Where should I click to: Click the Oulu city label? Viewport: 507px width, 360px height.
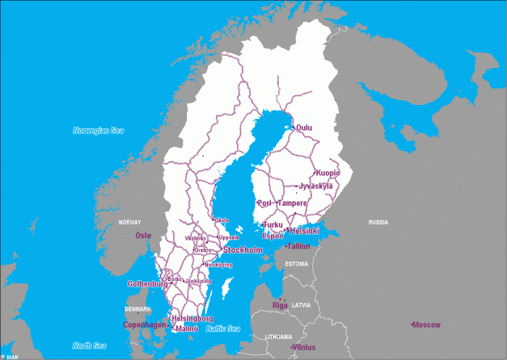point(304,128)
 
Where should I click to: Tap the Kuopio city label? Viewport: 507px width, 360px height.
point(327,173)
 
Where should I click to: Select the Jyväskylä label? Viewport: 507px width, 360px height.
point(316,186)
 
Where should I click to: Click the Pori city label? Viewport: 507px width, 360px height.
point(264,204)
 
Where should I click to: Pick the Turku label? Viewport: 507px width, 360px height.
point(273,225)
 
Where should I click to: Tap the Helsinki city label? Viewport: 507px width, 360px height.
point(304,231)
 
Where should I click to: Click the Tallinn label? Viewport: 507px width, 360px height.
point(298,246)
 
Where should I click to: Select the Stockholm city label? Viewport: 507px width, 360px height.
point(243,250)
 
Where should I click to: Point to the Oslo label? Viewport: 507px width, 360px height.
point(143,235)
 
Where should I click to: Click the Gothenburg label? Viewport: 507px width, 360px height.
point(147,284)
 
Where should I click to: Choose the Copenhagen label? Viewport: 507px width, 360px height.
point(144,325)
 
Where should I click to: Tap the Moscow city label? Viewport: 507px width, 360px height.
point(427,325)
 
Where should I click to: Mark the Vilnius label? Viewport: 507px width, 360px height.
point(303,348)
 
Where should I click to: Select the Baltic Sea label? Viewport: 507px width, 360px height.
point(223,329)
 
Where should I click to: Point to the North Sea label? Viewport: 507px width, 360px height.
point(90,346)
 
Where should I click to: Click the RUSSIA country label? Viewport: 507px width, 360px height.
point(378,222)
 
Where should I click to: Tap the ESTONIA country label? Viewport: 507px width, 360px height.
point(296,264)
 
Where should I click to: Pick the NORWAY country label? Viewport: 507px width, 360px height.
point(130,222)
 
